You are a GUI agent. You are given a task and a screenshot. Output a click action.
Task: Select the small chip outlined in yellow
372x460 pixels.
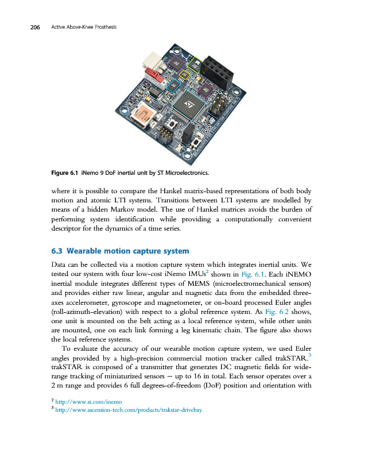click(x=184, y=74)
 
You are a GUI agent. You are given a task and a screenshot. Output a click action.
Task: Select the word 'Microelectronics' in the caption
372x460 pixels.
click(x=183, y=173)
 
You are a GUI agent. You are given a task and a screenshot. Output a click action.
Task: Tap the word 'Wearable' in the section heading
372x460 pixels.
click(x=87, y=251)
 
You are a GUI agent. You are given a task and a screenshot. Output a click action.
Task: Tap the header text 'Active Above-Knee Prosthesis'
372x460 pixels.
click(x=84, y=28)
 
